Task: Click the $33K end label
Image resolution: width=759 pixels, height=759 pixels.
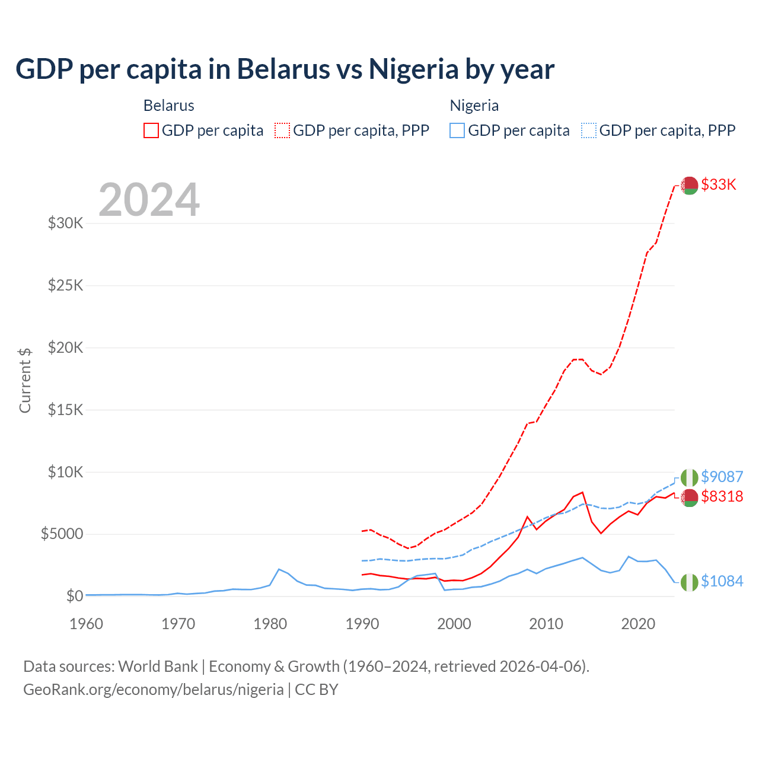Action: coord(718,184)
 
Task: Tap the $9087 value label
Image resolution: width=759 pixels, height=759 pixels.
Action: coord(722,477)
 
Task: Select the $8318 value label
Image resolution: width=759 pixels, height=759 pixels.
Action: coord(722,496)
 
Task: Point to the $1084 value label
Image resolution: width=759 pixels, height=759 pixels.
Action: coord(722,581)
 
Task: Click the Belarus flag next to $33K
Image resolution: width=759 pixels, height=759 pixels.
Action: coord(689,186)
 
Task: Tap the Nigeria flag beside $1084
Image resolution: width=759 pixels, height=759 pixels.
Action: coord(689,582)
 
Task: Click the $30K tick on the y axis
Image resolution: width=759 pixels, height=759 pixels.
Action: coord(65,224)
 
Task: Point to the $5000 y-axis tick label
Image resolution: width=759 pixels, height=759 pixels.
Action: coord(62,534)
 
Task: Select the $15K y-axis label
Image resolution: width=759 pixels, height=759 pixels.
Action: coord(65,410)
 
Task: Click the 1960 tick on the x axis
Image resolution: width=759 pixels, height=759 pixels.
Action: coord(87,624)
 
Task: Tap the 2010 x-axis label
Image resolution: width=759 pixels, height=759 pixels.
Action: coord(546,624)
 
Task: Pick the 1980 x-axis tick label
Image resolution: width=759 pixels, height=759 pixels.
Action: coord(270,624)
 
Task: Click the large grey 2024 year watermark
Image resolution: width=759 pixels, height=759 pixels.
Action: coord(149,200)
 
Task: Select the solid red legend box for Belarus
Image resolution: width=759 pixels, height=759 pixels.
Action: coord(151,130)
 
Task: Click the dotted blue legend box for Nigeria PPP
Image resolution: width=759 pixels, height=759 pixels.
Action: coord(589,130)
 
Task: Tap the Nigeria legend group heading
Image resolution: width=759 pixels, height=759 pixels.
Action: coord(474,106)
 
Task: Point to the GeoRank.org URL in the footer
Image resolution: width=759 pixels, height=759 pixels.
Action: coord(154,690)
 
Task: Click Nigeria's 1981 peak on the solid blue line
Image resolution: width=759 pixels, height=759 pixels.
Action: coord(279,569)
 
